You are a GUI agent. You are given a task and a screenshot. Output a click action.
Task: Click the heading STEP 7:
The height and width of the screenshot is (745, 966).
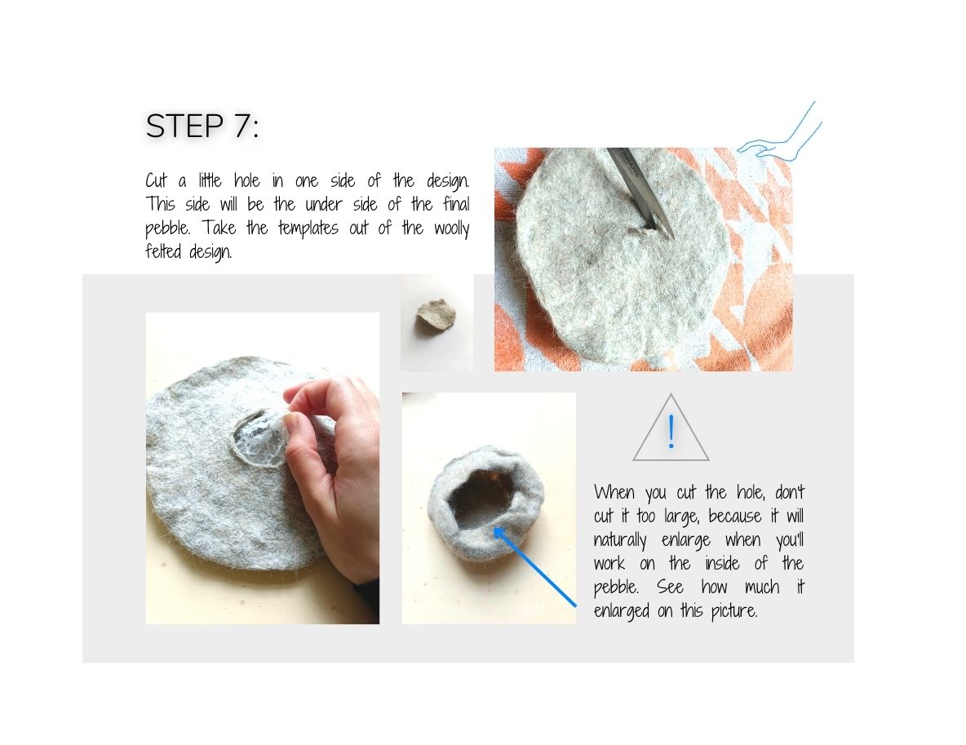pyautogui.click(x=202, y=126)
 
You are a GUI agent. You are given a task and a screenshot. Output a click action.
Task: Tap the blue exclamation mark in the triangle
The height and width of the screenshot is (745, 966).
pyautogui.click(x=671, y=432)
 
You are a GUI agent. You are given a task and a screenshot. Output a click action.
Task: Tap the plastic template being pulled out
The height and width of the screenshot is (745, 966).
pyautogui.click(x=259, y=440)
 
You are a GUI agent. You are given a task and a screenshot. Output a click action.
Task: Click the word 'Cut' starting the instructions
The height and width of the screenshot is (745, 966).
pyautogui.click(x=157, y=180)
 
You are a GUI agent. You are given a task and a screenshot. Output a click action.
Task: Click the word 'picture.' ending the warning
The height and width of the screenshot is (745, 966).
pyautogui.click(x=730, y=610)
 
